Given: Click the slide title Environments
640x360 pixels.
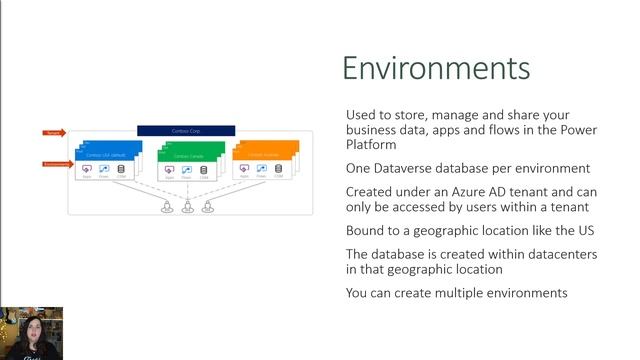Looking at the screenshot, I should pyautogui.click(x=436, y=67).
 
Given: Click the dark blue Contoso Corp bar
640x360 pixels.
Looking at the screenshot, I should pyautogui.click(x=186, y=130).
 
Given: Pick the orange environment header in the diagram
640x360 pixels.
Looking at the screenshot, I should pyautogui.click(x=266, y=155).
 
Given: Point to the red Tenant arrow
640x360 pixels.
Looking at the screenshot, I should pyautogui.click(x=54, y=132).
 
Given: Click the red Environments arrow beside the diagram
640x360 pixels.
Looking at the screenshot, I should pyautogui.click(x=56, y=163).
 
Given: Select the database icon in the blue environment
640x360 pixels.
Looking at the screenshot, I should pyautogui.click(x=121, y=171).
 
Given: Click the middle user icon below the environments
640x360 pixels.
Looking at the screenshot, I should pyautogui.click(x=186, y=208).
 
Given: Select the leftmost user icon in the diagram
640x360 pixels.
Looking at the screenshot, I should pyautogui.click(x=165, y=208).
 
